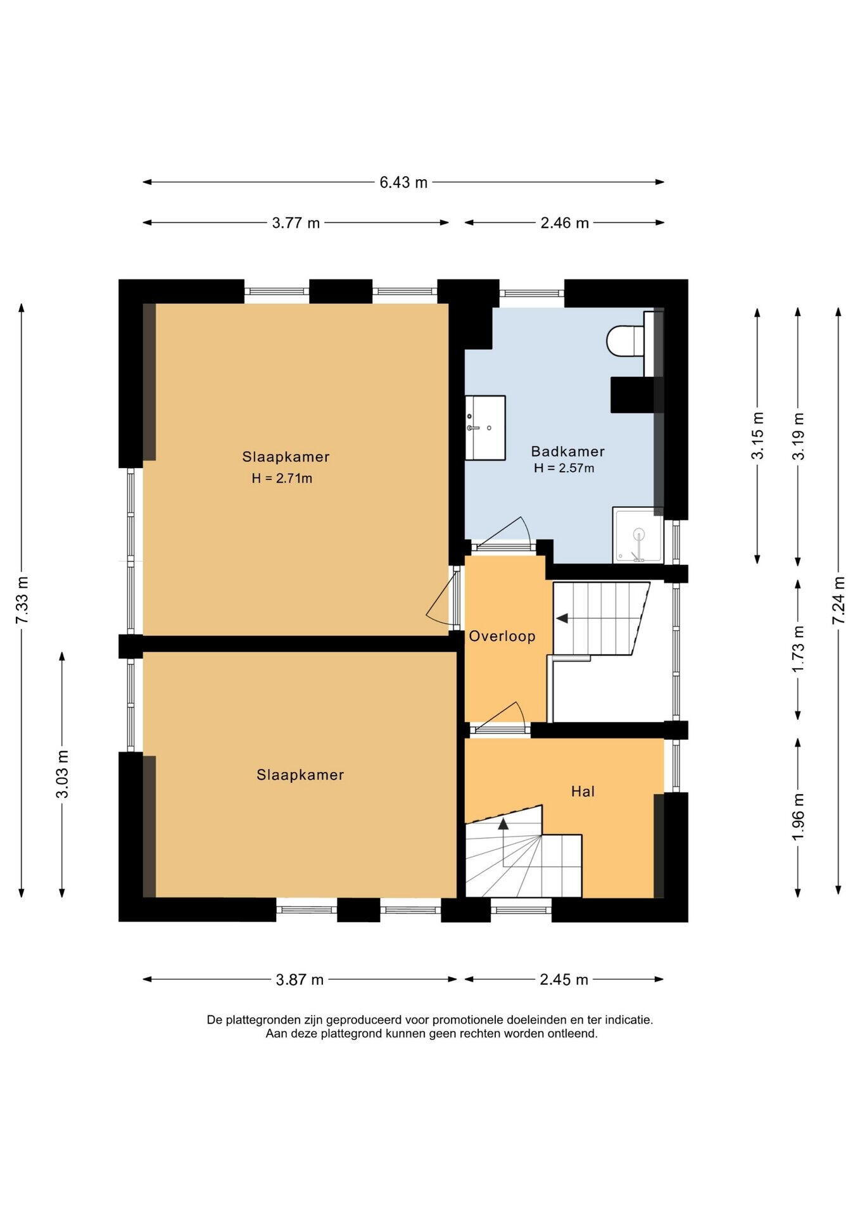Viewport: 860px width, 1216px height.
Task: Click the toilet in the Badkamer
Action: [x=626, y=341]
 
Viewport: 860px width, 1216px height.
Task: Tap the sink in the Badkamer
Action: [x=485, y=427]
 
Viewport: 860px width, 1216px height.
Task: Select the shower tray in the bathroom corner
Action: [x=638, y=535]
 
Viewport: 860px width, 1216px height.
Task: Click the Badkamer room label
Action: [x=567, y=452]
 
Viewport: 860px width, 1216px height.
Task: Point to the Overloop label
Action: [x=502, y=636]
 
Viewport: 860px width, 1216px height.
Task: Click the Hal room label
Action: [x=583, y=791]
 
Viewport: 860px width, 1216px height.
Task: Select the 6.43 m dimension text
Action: [x=403, y=182]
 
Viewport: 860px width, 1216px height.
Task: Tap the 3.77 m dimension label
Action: [x=296, y=223]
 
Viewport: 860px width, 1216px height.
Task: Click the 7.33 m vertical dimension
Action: [x=22, y=600]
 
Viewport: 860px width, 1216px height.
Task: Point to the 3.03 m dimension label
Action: [x=63, y=774]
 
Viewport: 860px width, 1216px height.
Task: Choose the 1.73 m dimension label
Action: [x=798, y=650]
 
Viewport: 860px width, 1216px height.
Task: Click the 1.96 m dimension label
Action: [x=798, y=817]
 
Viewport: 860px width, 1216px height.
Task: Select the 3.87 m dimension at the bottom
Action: [x=300, y=980]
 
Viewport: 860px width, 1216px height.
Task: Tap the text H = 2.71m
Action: [x=282, y=478]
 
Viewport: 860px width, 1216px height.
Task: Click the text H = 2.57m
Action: [x=564, y=468]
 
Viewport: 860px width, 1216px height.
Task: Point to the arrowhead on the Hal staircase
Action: [x=503, y=823]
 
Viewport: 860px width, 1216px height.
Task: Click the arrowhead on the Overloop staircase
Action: [x=562, y=619]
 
